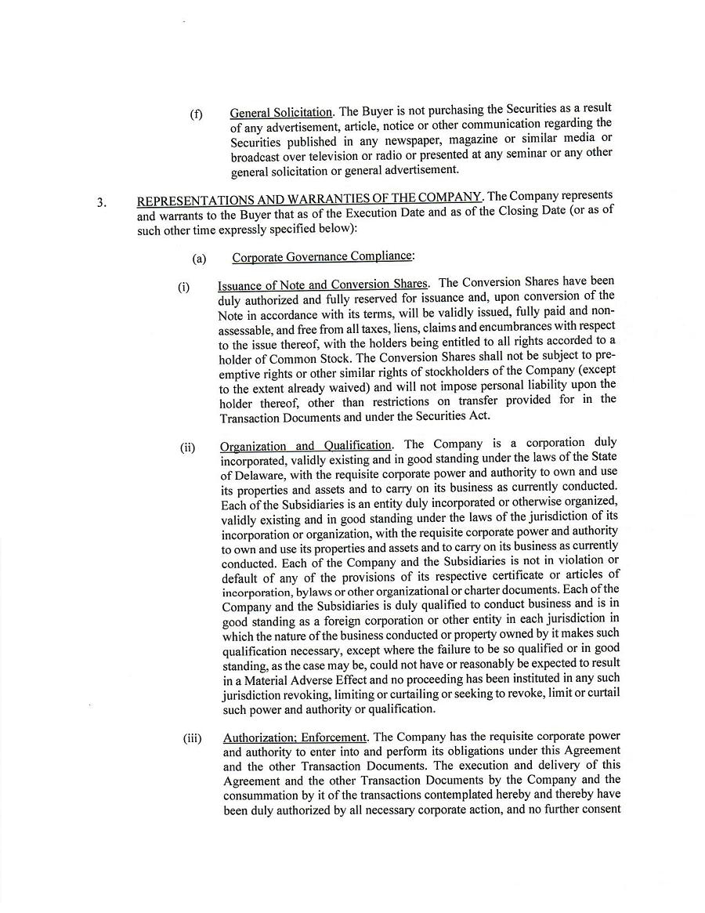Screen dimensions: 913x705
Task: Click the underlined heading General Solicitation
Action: (281, 112)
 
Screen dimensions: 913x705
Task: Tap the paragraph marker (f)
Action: (196, 114)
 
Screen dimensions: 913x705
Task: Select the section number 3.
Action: (102, 202)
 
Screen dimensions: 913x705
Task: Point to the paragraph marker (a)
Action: (199, 259)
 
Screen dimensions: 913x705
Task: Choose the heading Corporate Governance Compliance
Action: (322, 257)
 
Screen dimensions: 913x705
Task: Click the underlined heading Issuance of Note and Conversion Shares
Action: (323, 284)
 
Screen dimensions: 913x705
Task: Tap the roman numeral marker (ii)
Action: (188, 448)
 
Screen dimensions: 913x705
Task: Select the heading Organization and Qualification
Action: (305, 446)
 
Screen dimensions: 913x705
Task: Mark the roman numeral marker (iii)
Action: (193, 738)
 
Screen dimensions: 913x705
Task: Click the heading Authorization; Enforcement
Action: (295, 737)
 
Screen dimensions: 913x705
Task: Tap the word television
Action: (308, 155)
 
